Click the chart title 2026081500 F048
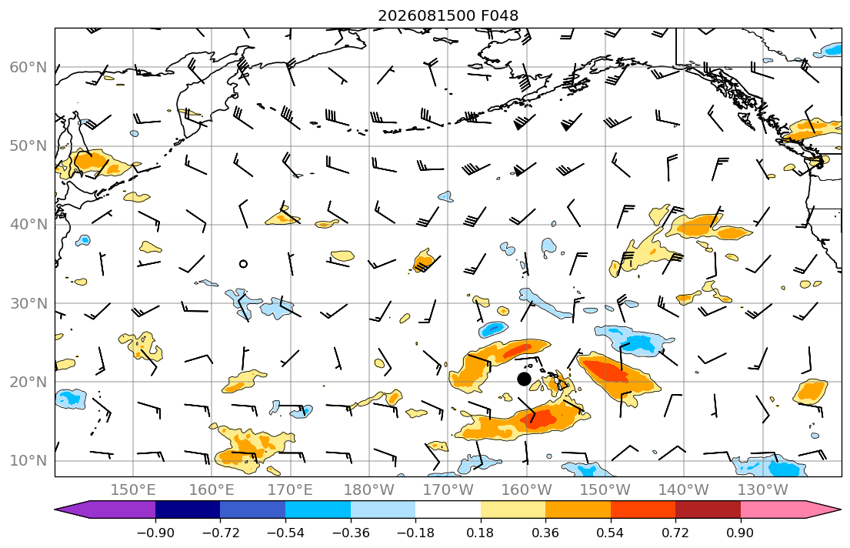click(448, 15)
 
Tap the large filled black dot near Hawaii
click(524, 379)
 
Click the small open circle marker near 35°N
click(243, 264)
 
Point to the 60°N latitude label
click(28, 67)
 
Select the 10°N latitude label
click(28, 461)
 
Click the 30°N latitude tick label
click(28, 303)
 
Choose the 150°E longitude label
click(133, 490)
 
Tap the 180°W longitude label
click(369, 490)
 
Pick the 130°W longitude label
click(763, 490)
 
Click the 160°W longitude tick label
click(526, 490)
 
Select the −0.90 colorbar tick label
click(155, 533)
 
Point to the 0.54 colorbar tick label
click(611, 533)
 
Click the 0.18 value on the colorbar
click(480, 533)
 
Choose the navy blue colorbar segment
click(188, 510)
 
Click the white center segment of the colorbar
click(448, 510)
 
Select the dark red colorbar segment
click(708, 510)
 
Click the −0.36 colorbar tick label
click(351, 533)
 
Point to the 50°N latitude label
click(28, 146)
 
